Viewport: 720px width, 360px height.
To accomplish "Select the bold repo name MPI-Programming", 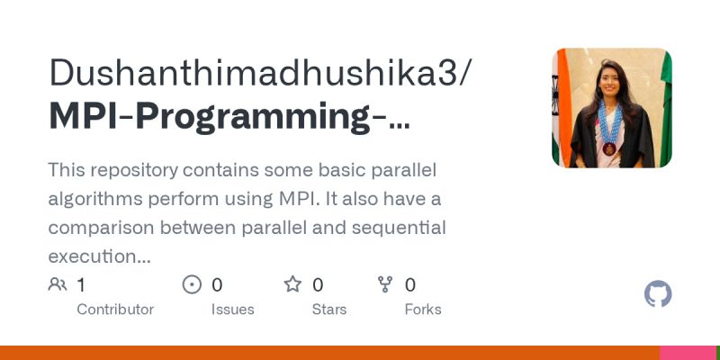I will (x=229, y=118).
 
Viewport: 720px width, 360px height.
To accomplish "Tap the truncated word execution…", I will (x=99, y=256).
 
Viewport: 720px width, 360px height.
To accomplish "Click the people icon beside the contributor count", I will (x=58, y=285).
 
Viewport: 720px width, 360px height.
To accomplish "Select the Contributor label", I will (x=115, y=309).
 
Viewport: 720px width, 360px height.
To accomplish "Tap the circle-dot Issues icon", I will (x=192, y=285).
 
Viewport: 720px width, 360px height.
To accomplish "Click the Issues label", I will (x=233, y=309).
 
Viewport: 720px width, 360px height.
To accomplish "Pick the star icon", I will (x=292, y=285).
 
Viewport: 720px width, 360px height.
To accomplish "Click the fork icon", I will (x=385, y=285).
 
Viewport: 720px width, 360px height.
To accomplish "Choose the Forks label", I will (x=423, y=309).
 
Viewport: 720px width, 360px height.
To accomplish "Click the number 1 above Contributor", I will (x=81, y=285).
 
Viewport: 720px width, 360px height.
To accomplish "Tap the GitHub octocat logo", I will (x=658, y=294).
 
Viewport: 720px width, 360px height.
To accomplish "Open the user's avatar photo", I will (x=611, y=108).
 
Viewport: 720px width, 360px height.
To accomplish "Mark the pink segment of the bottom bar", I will (x=689, y=353).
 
